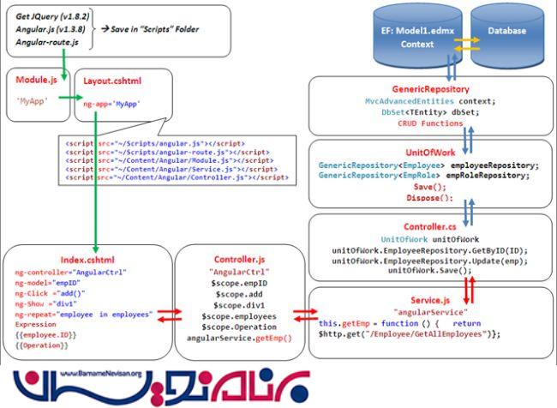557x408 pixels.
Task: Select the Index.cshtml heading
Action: (x=86, y=259)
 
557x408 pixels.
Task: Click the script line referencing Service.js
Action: (x=171, y=169)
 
